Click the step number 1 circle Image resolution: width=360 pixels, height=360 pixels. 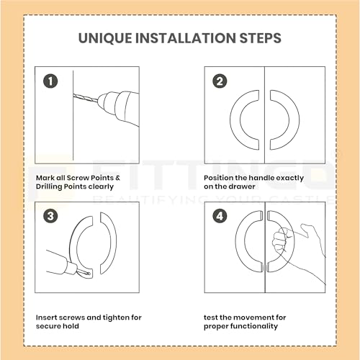50,81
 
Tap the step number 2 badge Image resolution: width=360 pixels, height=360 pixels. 220,81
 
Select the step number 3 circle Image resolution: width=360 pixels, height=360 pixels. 50,216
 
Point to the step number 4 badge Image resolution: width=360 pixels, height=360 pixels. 220,216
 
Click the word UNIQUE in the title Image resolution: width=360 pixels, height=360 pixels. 105,38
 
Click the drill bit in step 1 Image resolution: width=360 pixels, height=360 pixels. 86,99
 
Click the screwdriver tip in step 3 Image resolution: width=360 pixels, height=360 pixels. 86,272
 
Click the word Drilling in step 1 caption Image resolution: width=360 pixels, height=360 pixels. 49,187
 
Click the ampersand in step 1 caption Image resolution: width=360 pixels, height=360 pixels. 117,178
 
